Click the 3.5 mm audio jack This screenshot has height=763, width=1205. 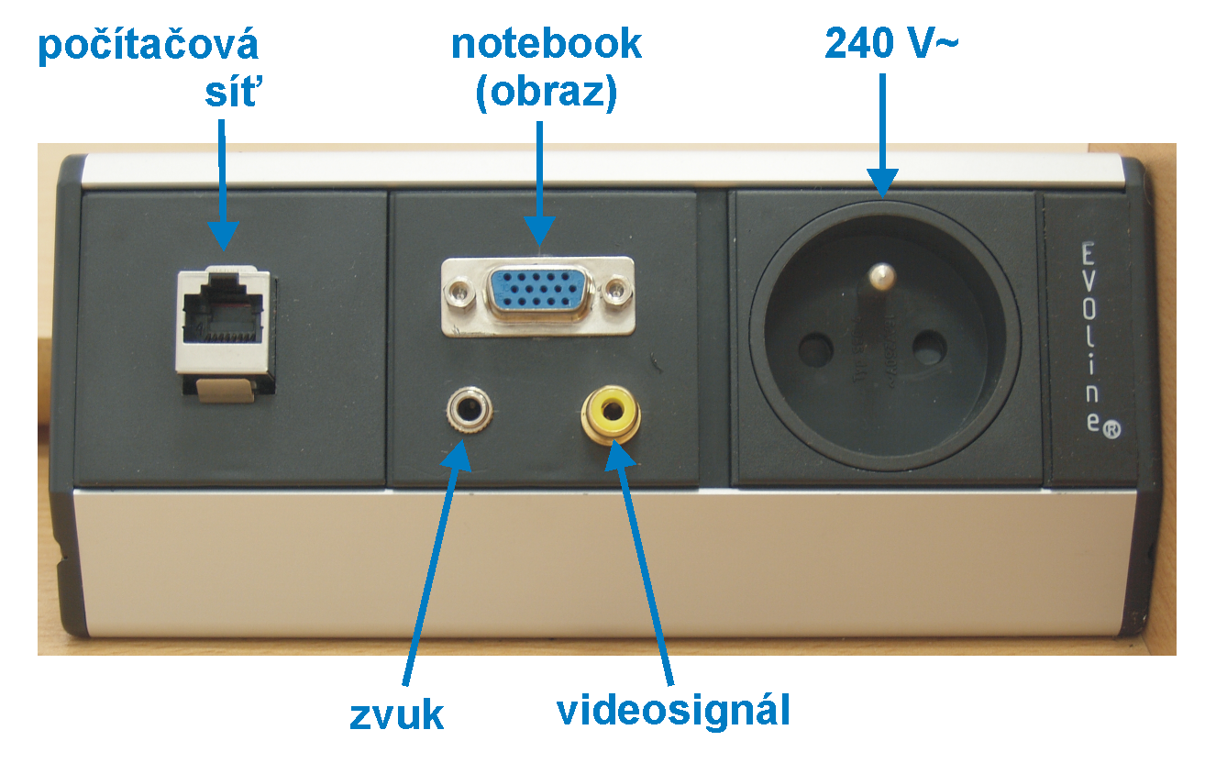pos(467,410)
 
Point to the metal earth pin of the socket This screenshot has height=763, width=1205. pos(881,275)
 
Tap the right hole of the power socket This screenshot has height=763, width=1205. pos(929,348)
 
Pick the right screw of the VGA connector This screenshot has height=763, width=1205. pos(617,293)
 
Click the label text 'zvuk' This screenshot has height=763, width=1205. pos(396,714)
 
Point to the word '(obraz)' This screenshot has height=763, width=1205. pos(547,94)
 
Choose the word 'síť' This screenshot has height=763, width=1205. pos(230,94)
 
